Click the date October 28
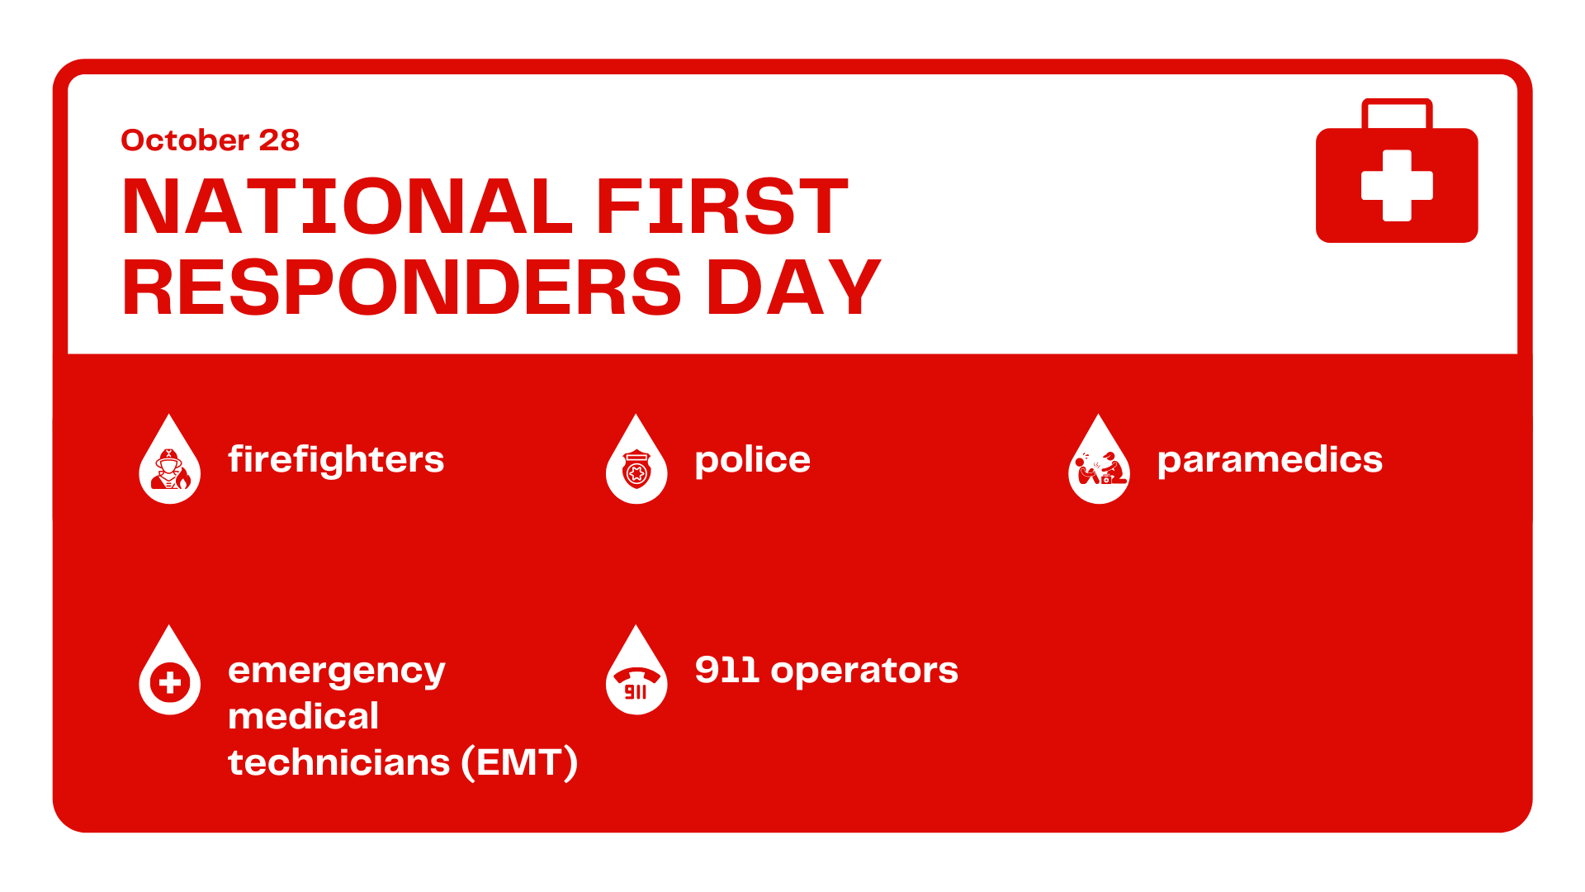point(210,140)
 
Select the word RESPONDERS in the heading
point(402,287)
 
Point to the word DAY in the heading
point(793,287)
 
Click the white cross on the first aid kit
point(1397,185)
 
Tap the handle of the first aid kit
point(1397,113)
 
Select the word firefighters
point(336,460)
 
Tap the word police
point(753,460)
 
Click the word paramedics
point(1270,460)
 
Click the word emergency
point(337,671)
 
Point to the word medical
point(304,716)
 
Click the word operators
point(864,671)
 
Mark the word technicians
point(339,762)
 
